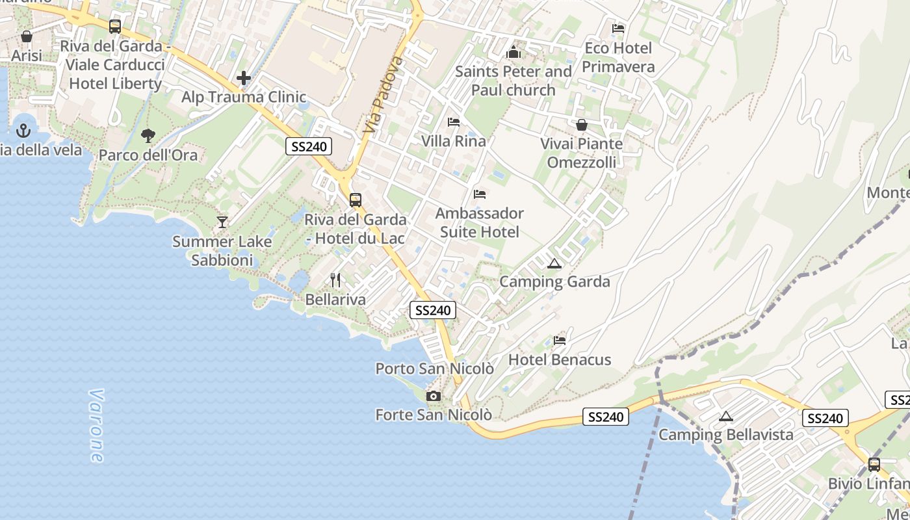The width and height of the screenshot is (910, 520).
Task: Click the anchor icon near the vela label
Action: point(23,131)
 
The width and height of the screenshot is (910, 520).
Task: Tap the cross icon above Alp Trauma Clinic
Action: point(244,79)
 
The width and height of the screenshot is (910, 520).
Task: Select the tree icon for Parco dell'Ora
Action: point(148,136)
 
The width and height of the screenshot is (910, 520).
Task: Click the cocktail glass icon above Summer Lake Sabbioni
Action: point(222,222)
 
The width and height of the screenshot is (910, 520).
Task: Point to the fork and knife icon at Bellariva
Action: point(335,280)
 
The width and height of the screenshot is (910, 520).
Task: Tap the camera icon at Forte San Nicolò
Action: point(433,396)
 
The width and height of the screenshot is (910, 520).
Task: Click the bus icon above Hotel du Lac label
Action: point(356,200)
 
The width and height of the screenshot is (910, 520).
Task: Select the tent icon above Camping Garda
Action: point(554,263)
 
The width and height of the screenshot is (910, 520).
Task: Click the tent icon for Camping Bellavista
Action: point(726,417)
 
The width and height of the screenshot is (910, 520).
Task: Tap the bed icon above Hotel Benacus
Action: point(560,341)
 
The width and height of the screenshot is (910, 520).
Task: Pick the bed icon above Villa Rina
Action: point(454,122)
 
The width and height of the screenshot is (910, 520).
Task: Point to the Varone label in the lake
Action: point(96,426)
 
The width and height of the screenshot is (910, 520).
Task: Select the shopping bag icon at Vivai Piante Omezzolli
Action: point(582,125)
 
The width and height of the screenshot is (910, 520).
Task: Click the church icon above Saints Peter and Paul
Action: point(514,52)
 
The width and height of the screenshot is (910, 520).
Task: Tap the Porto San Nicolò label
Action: point(434,369)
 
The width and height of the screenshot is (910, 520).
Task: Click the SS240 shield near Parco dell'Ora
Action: point(309,146)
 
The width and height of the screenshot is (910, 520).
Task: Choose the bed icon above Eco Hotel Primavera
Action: point(618,29)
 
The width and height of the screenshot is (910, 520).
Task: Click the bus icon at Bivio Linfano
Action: point(874,465)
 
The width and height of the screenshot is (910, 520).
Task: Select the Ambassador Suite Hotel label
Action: point(480,222)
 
